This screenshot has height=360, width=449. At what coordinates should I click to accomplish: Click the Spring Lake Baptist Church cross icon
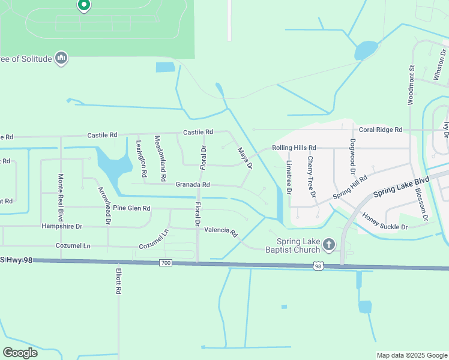[328, 244]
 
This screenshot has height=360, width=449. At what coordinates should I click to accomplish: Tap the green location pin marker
[84, 5]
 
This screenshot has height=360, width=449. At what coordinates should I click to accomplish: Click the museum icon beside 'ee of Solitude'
[61, 58]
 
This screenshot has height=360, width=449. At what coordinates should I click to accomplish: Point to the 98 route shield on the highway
[318, 265]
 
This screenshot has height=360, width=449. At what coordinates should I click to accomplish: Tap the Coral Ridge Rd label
[381, 130]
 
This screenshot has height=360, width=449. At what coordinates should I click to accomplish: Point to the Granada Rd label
[192, 185]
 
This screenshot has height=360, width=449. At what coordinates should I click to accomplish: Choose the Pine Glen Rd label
[131, 208]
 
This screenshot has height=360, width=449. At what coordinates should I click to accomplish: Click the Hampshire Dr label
[61, 226]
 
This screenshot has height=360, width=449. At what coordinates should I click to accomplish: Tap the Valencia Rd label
[221, 230]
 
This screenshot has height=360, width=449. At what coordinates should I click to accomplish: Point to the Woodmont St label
[411, 85]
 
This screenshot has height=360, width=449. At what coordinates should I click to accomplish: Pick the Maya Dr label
[244, 158]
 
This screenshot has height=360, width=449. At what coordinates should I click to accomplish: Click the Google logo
[20, 352]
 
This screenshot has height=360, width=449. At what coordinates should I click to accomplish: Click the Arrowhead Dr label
[104, 205]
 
